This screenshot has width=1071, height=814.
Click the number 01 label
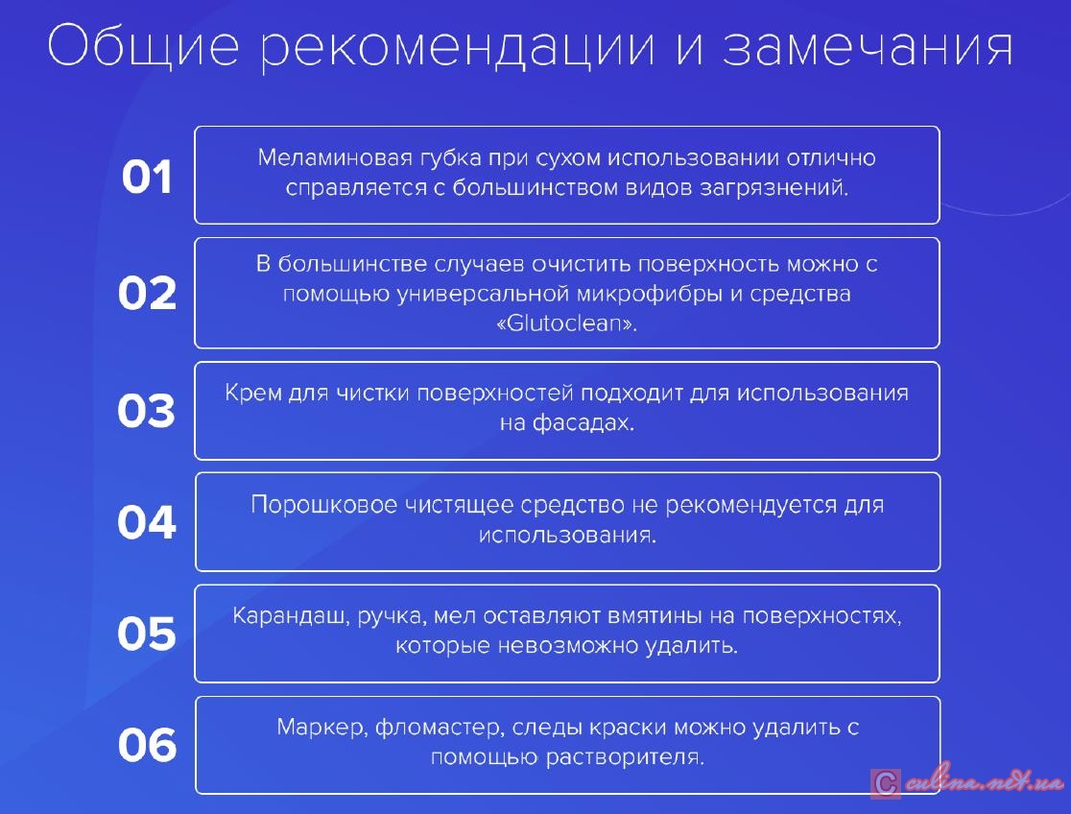147,177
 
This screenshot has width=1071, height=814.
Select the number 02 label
147,293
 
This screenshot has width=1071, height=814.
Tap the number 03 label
146,411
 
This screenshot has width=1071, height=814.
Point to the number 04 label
147,522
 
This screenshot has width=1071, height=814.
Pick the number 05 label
147,633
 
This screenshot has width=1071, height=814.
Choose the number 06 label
147,744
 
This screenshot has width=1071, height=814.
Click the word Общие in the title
143,46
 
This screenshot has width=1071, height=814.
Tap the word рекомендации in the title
458,49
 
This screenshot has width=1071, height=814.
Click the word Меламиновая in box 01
335,157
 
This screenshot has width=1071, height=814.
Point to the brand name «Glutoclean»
567,323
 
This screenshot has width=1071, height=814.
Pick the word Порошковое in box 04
324,505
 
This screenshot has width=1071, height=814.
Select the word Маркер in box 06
321,728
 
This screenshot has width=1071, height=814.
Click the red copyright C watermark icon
885,783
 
